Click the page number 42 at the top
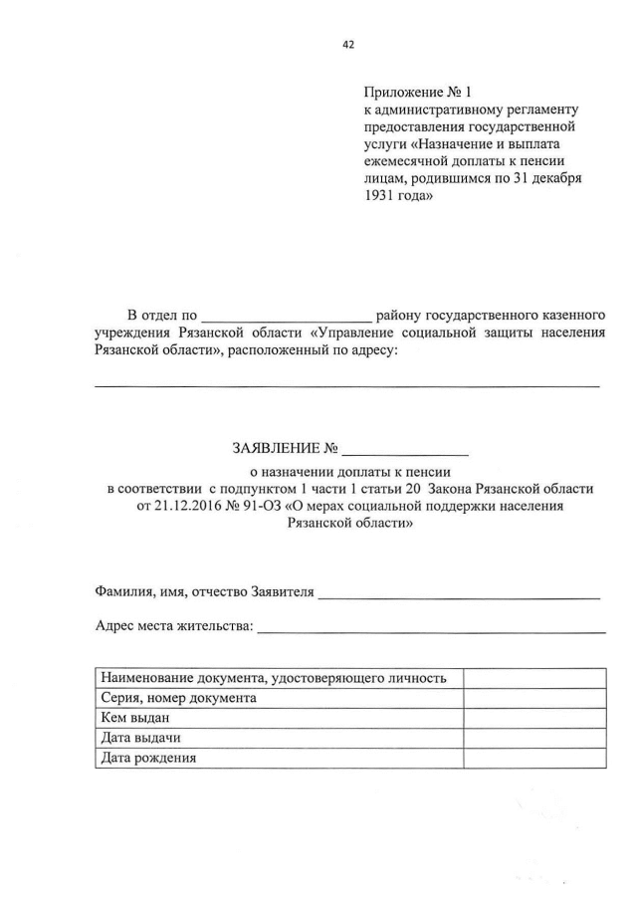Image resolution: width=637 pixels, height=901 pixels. [347, 44]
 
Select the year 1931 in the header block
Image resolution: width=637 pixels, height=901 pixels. [383, 196]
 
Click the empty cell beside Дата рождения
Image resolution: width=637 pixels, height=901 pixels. [534, 758]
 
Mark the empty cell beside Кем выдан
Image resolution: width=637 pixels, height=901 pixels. [534, 718]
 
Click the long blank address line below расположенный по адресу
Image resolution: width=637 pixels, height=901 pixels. [346, 383]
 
